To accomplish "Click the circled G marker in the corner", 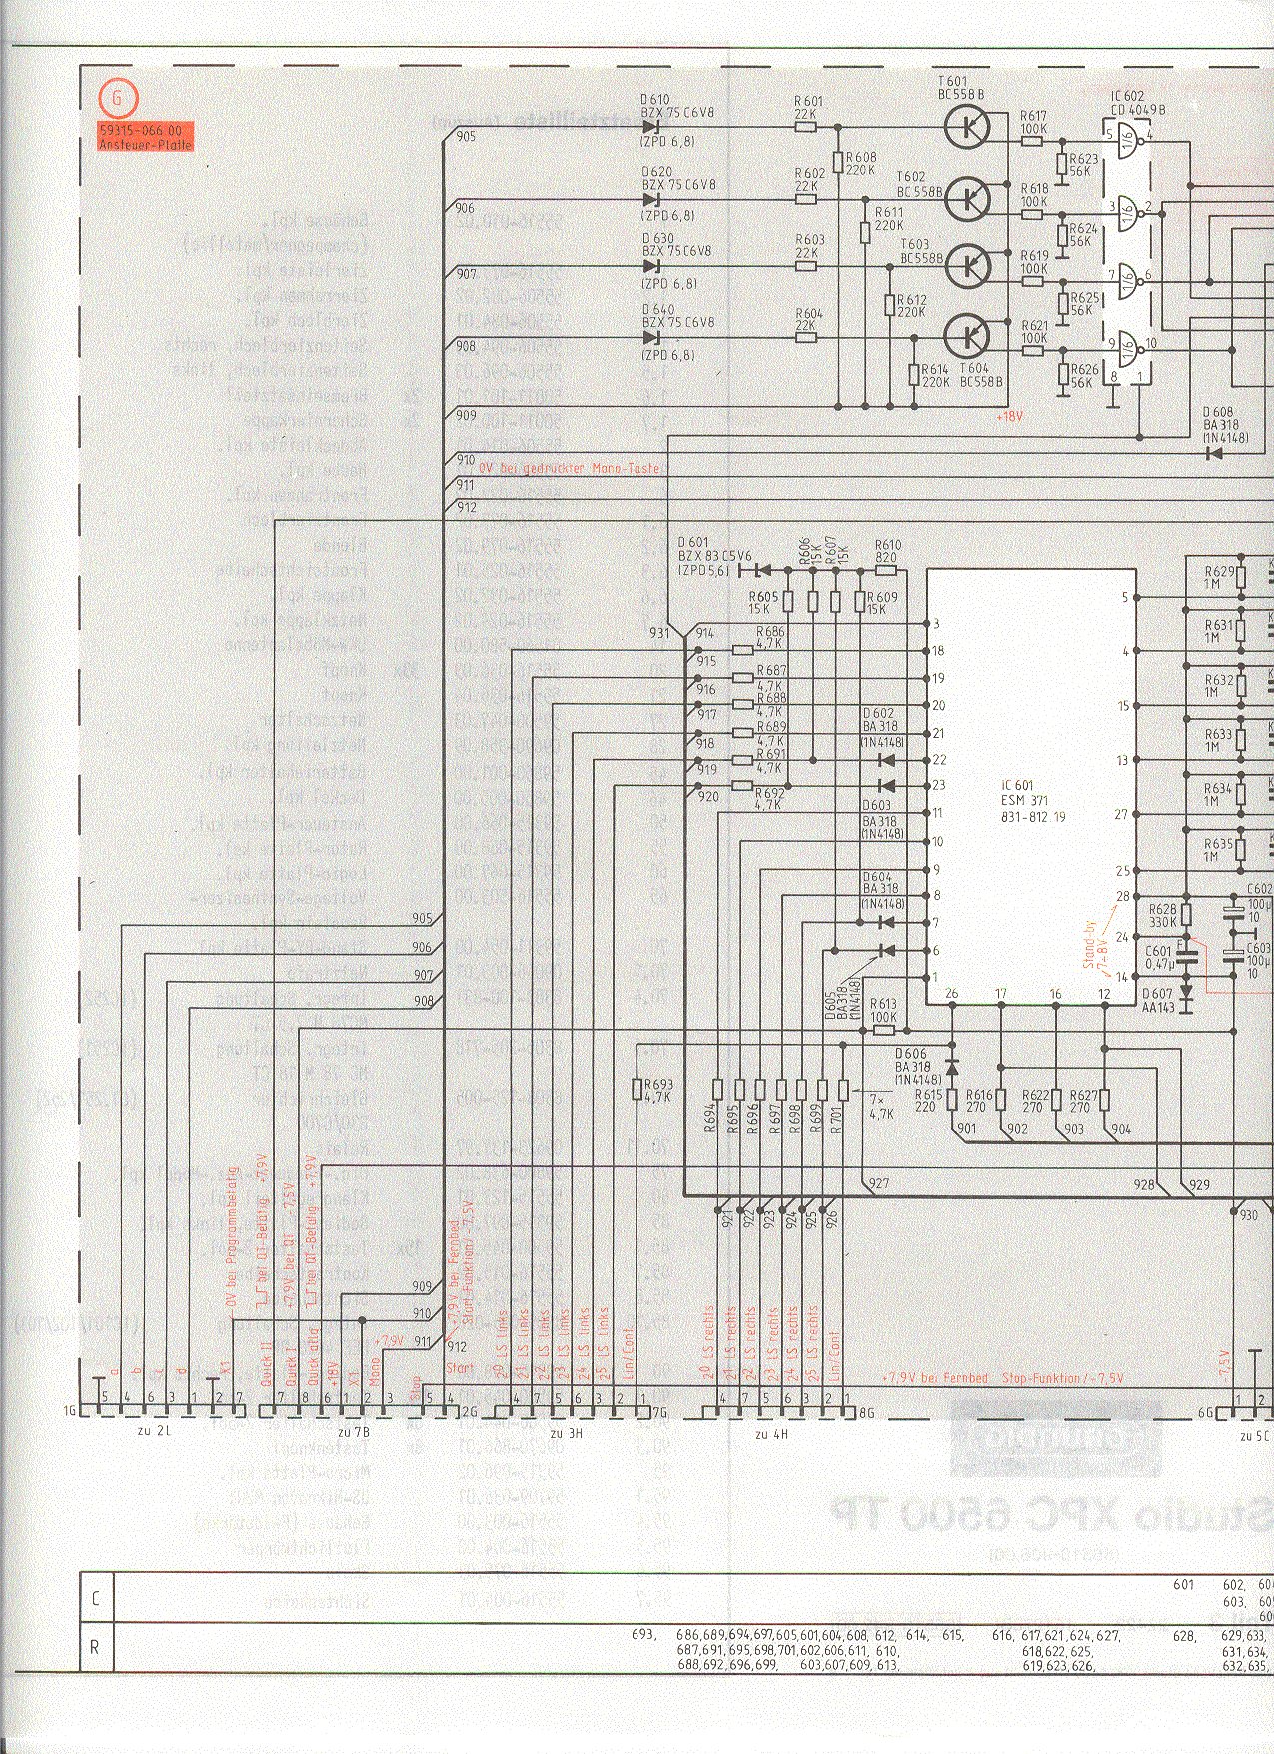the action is pos(120,98).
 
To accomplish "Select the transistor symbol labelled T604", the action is pos(965,335).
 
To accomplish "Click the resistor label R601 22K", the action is pos(808,106).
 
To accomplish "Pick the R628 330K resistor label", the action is pos(1162,915).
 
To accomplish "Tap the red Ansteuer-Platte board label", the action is pos(145,137).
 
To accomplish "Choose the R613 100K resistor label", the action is pos(883,1010).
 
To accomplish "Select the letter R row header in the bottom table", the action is pos(96,1646).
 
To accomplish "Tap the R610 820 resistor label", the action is pos(888,552).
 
